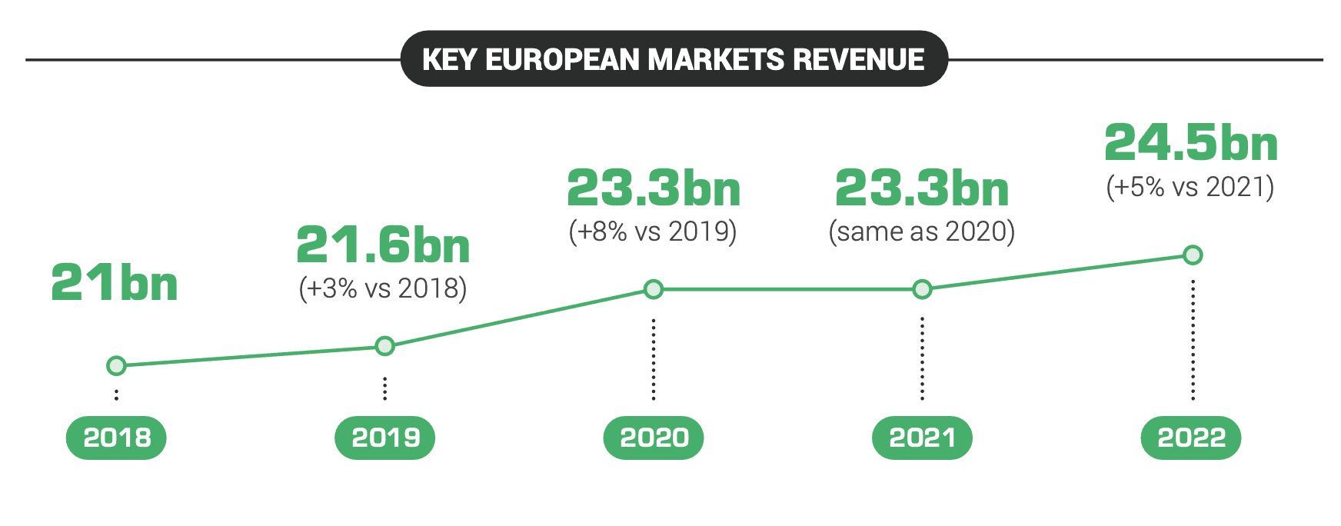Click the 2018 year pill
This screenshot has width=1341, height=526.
[x=116, y=438]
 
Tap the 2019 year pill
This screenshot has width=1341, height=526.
[x=385, y=438]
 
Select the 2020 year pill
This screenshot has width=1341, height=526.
[x=654, y=438]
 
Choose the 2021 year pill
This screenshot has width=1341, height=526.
[x=922, y=438]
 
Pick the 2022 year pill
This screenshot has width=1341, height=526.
[x=1191, y=438]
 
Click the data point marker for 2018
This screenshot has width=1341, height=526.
[x=116, y=365]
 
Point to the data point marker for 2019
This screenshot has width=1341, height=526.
[x=385, y=346]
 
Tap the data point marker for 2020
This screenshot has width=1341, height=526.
[x=654, y=289]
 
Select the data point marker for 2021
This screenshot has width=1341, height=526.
[x=922, y=289]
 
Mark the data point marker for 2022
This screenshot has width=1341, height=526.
[x=1193, y=255]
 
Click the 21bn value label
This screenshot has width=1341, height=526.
[x=115, y=282]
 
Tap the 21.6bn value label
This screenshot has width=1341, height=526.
[x=383, y=245]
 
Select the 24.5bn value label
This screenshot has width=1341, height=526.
[x=1191, y=143]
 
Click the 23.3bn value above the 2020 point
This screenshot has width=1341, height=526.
[x=654, y=188]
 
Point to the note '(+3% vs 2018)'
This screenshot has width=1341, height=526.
[x=383, y=288]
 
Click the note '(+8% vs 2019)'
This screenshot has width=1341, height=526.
[x=653, y=231]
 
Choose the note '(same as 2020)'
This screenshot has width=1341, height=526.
[x=922, y=231]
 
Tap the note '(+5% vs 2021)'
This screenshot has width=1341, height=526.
[x=1190, y=187]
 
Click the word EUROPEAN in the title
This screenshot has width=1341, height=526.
[x=562, y=59]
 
